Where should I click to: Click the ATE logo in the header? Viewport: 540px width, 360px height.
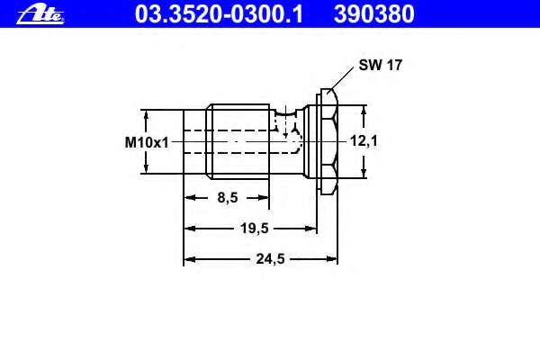click(40, 14)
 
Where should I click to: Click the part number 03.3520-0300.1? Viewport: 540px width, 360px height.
click(219, 14)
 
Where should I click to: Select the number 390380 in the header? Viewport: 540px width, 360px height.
click(374, 14)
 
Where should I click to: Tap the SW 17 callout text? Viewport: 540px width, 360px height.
click(380, 65)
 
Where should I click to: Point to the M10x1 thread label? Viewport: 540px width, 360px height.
click(147, 142)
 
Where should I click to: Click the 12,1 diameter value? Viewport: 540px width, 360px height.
click(364, 140)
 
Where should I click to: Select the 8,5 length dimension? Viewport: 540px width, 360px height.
click(228, 198)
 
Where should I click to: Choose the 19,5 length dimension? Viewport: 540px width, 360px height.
click(255, 228)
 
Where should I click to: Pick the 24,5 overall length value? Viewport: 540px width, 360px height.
click(270, 258)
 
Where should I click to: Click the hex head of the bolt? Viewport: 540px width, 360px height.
click(329, 141)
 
